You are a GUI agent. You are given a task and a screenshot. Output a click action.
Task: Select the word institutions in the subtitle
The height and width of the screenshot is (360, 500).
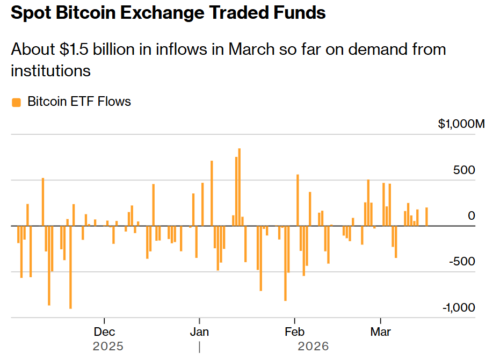[x=50, y=70]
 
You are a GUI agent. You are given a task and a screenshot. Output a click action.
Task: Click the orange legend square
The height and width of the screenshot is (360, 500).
[x=17, y=102]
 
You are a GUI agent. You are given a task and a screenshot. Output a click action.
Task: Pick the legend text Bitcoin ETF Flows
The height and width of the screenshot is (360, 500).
[x=79, y=102]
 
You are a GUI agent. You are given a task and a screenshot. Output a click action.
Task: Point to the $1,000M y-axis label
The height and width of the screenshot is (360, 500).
[x=461, y=124]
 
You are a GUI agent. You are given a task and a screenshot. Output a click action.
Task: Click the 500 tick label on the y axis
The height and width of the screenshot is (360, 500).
[x=464, y=170]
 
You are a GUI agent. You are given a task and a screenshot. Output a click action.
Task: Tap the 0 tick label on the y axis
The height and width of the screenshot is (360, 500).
[x=472, y=215]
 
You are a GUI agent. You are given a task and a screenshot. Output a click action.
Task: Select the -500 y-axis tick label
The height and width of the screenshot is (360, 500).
[x=461, y=262]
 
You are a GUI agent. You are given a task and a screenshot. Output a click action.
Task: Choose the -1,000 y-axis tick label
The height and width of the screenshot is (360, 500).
[x=459, y=307]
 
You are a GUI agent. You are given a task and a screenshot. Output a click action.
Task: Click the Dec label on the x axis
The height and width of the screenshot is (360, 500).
[x=104, y=332]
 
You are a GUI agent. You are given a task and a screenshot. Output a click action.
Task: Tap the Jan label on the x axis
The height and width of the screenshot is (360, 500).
[x=199, y=332]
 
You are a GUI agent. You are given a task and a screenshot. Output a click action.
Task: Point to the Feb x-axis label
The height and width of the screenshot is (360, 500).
[x=294, y=332]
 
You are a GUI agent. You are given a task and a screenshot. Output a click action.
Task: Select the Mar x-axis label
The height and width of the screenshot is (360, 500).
[x=380, y=332]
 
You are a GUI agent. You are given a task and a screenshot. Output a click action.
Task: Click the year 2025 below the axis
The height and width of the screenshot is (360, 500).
[x=108, y=346]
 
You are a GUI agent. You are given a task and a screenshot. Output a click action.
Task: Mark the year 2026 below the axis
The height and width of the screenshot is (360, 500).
[x=313, y=346]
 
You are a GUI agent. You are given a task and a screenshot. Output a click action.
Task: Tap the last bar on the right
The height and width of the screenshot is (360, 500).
[x=426, y=217]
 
